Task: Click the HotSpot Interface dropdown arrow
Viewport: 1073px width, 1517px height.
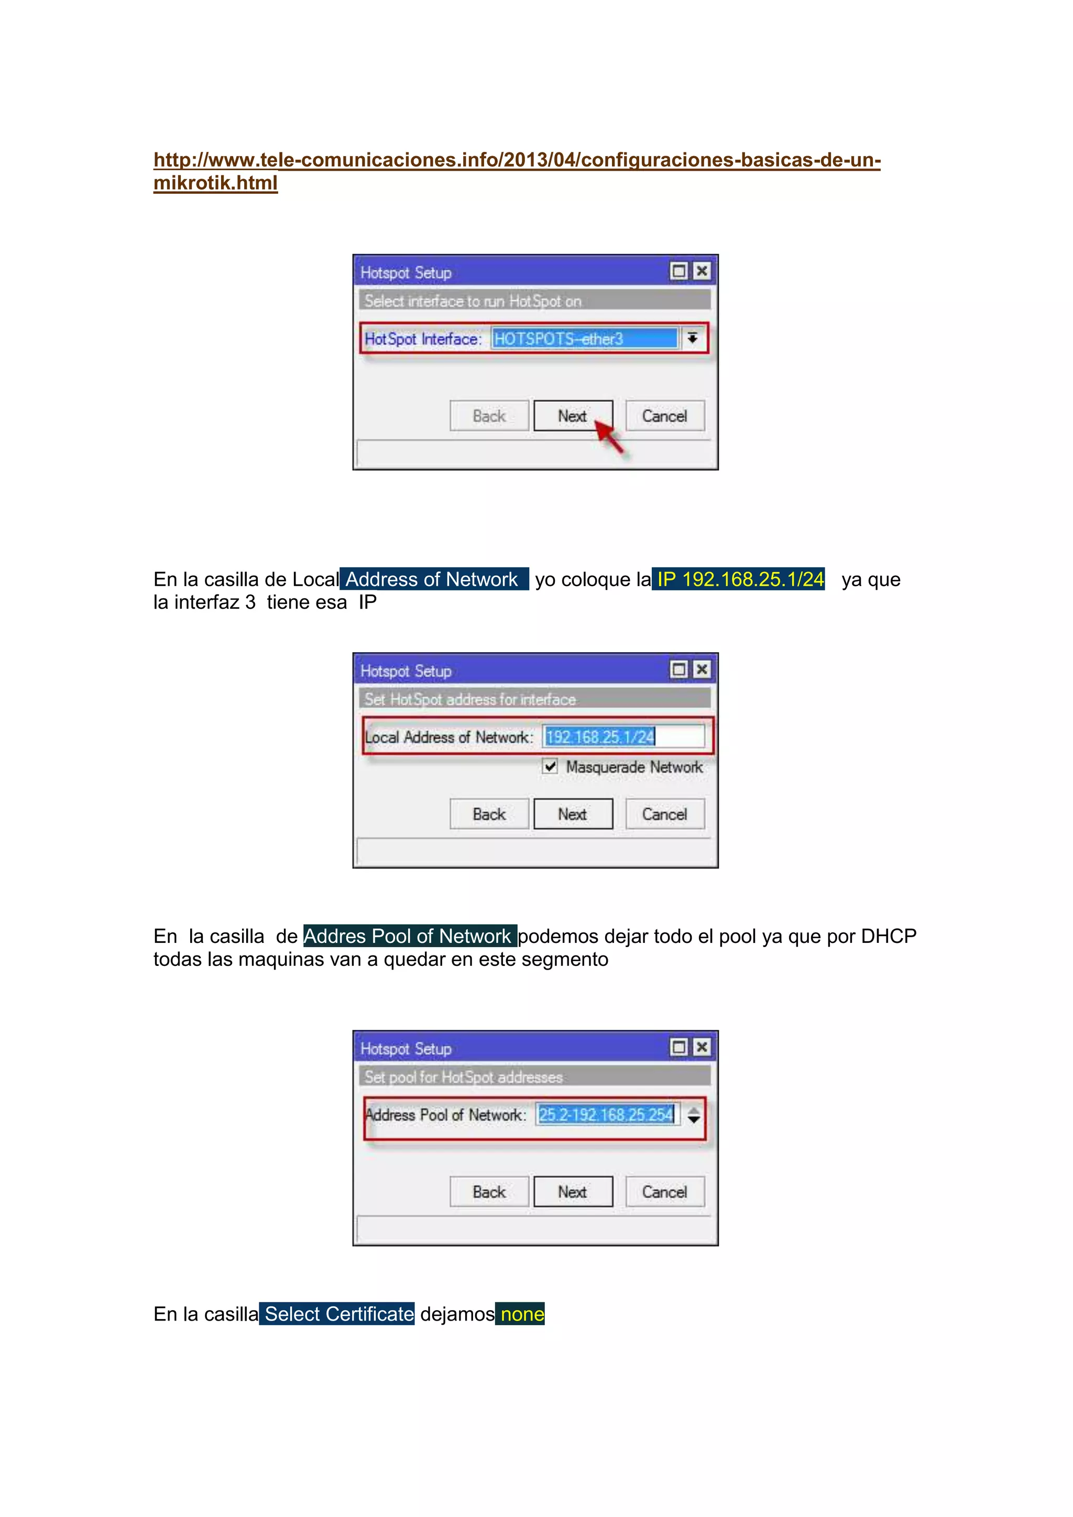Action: [692, 338]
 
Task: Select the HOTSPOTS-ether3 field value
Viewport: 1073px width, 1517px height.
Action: [584, 339]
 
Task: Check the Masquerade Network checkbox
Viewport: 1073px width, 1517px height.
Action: [550, 766]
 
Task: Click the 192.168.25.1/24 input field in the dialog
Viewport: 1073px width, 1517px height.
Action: [623, 736]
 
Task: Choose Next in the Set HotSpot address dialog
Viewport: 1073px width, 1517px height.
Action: [573, 814]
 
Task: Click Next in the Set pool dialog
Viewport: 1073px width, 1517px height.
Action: [573, 1192]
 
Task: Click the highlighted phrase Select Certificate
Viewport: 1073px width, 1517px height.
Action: [337, 1314]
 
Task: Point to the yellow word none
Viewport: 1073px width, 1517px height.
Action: [522, 1314]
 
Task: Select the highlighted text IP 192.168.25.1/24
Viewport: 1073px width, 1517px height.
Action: [739, 579]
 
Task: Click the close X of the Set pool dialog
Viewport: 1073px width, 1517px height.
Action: [702, 1047]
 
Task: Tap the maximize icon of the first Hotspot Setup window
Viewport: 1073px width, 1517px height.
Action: [678, 271]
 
